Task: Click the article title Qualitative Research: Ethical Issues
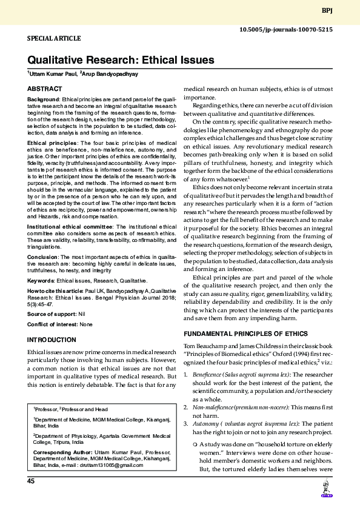[121, 60]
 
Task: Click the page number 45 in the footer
[30, 481]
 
